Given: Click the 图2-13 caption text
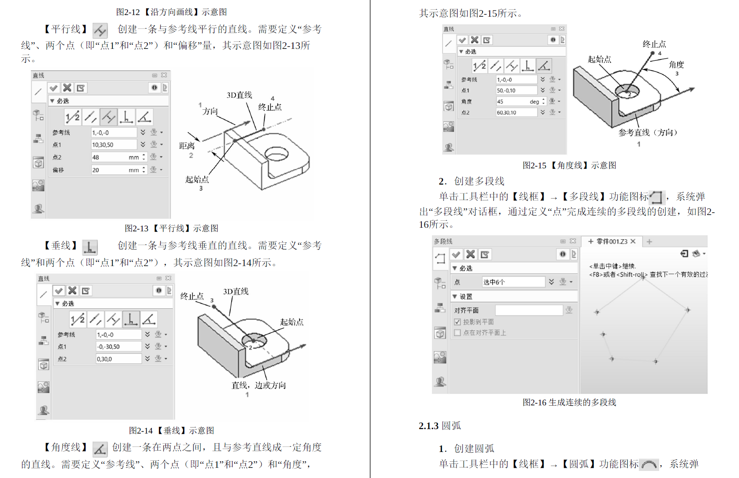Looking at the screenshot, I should click(x=171, y=228).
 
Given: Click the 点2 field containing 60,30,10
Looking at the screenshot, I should click(x=515, y=112).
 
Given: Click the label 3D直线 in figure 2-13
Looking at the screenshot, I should click(x=239, y=95).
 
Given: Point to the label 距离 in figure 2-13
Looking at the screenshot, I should click(x=187, y=146).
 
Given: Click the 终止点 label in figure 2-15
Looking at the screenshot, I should click(x=654, y=44).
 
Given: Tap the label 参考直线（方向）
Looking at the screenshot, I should click(x=648, y=133).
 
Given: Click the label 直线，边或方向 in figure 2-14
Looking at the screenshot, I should click(x=259, y=385).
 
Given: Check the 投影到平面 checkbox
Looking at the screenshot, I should click(x=458, y=322).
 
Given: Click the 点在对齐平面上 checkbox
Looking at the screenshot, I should click(x=458, y=333).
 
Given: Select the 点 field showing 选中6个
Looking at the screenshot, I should click(x=513, y=282).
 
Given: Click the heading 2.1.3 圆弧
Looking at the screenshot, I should click(x=439, y=426).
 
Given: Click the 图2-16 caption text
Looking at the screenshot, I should click(x=569, y=402).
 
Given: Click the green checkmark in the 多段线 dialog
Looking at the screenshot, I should click(x=456, y=255).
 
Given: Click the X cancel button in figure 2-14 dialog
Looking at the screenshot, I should click(x=72, y=290).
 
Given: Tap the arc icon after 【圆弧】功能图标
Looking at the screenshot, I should click(x=649, y=464).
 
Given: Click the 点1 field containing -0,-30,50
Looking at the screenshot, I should click(x=118, y=347).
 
